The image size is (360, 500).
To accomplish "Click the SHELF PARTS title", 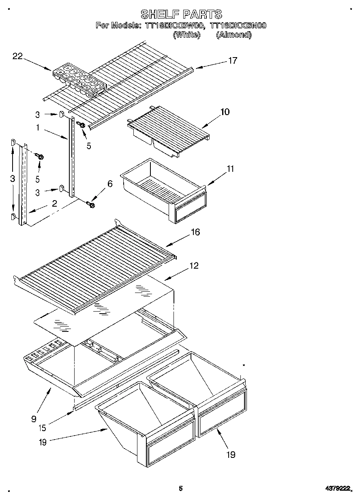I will [181, 14].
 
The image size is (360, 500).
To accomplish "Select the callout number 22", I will [17, 56].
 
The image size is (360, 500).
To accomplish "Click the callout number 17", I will [232, 61].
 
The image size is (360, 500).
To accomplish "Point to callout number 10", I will [225, 112].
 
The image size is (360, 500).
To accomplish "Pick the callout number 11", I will [230, 169].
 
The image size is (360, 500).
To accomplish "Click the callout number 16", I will [195, 232].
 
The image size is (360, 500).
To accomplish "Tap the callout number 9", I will [34, 418].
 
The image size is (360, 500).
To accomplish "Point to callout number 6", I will [109, 184].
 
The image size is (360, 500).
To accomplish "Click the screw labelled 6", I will [91, 205].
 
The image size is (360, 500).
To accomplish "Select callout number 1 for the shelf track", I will [37, 128].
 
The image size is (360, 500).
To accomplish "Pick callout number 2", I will [54, 204].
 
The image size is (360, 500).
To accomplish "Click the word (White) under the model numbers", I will [186, 35].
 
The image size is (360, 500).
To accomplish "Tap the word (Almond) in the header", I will [234, 35].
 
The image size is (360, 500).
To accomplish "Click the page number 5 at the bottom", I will [181, 489].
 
